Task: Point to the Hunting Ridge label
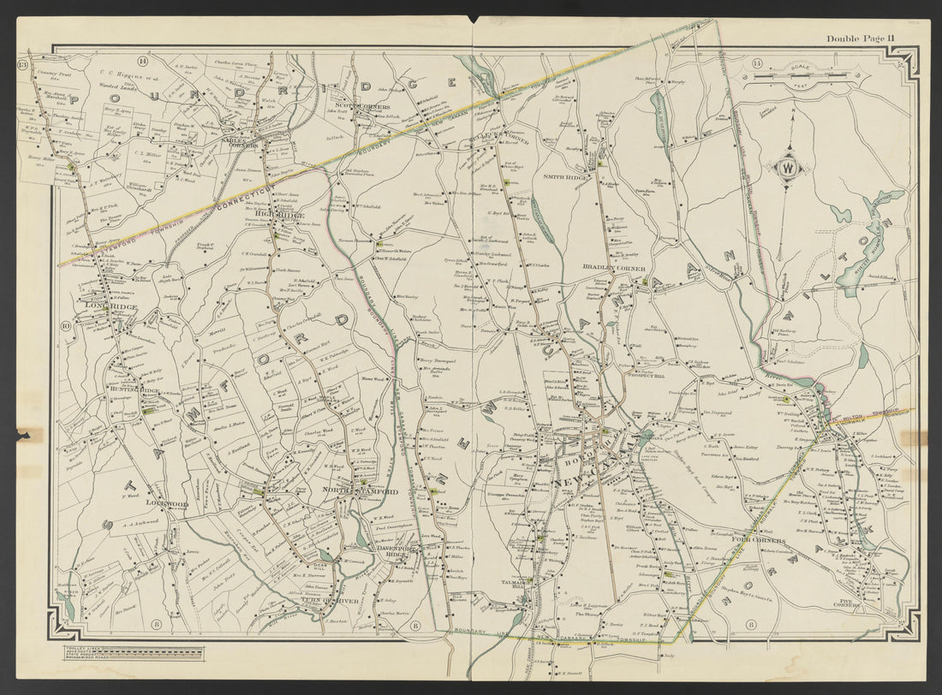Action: (x=132, y=389)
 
